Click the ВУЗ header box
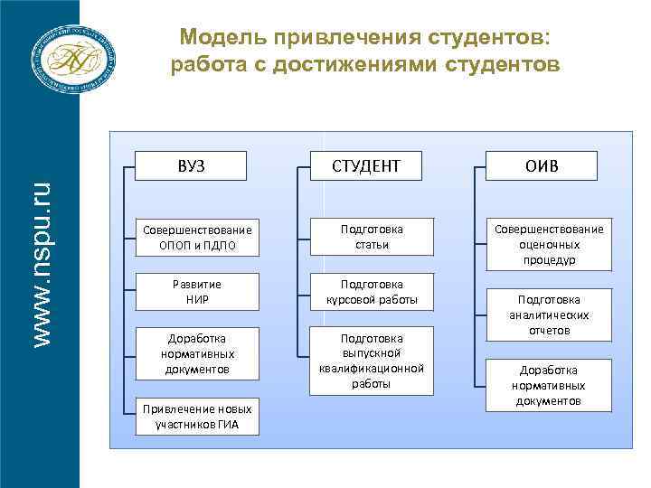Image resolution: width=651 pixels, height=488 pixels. point(191,165)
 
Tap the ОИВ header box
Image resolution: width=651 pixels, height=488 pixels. point(548,165)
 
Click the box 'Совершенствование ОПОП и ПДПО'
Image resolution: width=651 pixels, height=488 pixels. point(197,237)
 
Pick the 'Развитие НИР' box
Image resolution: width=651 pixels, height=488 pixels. point(197,291)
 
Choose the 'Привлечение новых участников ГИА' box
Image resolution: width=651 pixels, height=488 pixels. point(197,417)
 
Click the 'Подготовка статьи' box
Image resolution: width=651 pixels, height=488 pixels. point(372,237)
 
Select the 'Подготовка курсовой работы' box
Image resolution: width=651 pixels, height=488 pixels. point(372,291)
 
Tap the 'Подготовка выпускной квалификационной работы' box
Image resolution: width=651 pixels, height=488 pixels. point(372,361)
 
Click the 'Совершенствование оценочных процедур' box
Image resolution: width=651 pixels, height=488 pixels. point(548,244)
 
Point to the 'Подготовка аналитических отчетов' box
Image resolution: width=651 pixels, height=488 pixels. point(549,314)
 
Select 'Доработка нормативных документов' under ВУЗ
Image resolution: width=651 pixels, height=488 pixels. point(197,353)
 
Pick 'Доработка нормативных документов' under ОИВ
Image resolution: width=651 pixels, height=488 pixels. point(549,385)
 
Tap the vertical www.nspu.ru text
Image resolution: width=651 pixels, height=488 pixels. point(41,263)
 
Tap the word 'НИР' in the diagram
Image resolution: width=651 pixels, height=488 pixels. point(197,298)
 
